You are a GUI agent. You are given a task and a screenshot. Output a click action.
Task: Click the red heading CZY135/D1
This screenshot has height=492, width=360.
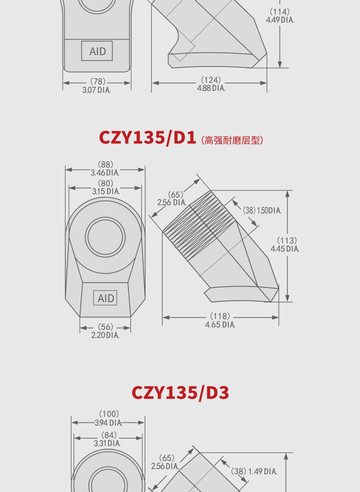(x=148, y=138)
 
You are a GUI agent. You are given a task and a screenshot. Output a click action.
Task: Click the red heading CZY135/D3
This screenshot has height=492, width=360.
(x=180, y=393)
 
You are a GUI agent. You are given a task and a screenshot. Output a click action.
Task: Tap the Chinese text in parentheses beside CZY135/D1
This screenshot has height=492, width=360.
(x=232, y=140)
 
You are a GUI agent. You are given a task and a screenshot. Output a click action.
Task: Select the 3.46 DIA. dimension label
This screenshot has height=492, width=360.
(x=105, y=173)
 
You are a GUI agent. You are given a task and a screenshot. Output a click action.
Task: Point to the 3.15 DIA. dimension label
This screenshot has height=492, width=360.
(x=105, y=191)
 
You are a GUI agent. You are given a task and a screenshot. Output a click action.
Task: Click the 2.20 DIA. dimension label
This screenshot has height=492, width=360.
(x=105, y=335)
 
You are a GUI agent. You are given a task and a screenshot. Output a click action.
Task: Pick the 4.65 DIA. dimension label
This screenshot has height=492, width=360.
(x=220, y=324)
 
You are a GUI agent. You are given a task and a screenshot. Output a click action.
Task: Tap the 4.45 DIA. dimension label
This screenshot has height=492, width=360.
(x=285, y=249)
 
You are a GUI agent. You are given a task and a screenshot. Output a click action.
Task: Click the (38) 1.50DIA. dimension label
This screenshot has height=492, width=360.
(x=262, y=210)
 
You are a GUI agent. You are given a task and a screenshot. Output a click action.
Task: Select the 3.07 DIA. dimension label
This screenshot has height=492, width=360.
(x=96, y=90)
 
